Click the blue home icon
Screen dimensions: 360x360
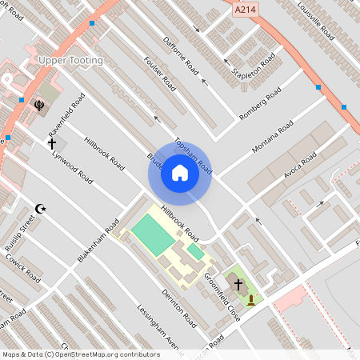[x=180, y=173]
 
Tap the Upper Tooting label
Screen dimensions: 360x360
[x=70, y=61]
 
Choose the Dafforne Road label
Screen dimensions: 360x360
[x=180, y=55]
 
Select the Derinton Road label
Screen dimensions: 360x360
[x=178, y=308]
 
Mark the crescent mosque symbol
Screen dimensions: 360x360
[x=41, y=209]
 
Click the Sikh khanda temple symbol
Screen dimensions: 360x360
[x=38, y=103]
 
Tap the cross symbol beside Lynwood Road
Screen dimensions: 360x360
[x=52, y=144]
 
